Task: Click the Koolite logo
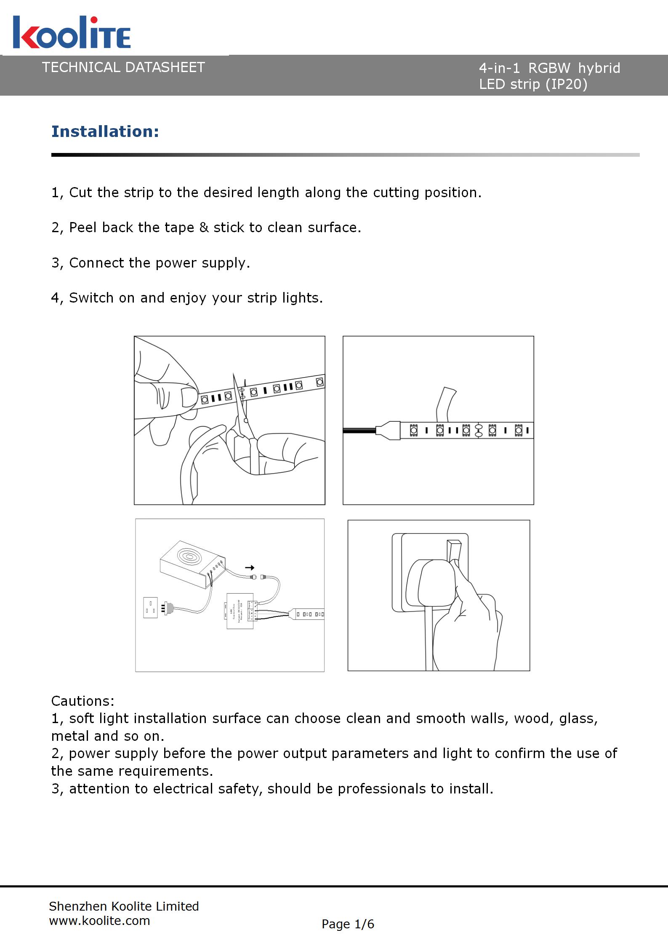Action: click(72, 32)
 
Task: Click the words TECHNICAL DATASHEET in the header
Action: click(123, 67)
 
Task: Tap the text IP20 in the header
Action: click(566, 84)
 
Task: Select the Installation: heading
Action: click(105, 131)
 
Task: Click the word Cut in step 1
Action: click(80, 193)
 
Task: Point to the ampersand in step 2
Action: click(204, 228)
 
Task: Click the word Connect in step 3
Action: click(97, 263)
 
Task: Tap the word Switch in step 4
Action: click(91, 298)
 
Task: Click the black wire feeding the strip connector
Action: click(359, 430)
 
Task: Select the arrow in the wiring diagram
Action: click(249, 568)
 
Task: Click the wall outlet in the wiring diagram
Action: click(150, 608)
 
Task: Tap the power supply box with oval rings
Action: click(189, 560)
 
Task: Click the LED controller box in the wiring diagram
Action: click(240, 611)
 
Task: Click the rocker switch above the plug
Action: click(455, 551)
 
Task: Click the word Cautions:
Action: click(83, 701)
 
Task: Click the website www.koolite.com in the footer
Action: click(99, 921)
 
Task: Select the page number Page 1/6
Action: click(348, 924)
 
